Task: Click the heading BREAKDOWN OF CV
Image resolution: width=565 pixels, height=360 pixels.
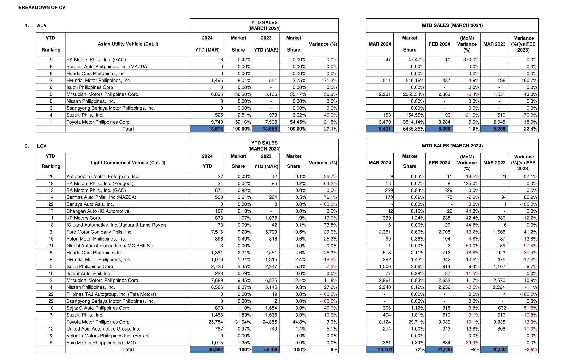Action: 42,8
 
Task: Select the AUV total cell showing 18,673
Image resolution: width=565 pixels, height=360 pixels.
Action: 207,129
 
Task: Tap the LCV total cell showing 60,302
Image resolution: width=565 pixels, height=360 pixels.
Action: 207,349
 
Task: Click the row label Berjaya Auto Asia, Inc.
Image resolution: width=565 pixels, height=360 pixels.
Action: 90,204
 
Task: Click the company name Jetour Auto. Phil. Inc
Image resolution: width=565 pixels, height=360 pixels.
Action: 88,273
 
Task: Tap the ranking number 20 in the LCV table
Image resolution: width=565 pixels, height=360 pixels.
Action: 51,176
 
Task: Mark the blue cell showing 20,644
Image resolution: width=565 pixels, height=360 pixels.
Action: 494,349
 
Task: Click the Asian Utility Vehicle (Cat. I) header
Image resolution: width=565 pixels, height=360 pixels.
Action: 128,44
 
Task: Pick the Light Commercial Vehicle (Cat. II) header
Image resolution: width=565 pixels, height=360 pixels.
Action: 128,163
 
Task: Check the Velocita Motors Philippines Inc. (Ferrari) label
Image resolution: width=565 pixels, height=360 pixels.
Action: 108,336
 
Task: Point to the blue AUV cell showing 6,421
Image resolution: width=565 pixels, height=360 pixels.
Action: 380,129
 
